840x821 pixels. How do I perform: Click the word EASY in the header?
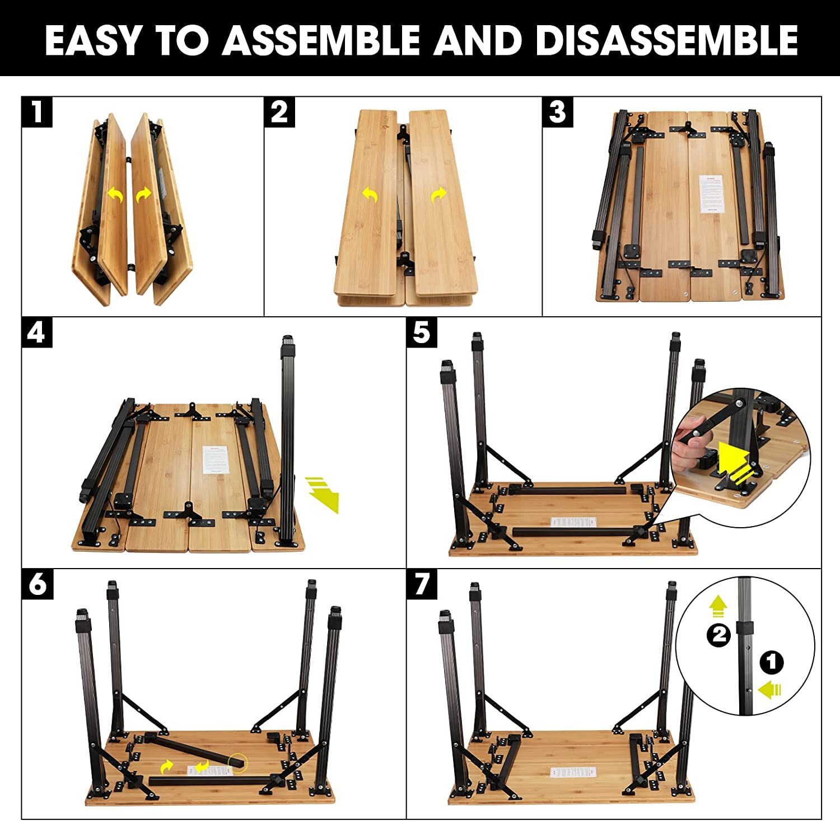click(93, 40)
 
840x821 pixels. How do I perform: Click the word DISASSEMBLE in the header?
click(666, 40)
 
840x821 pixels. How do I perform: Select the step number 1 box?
click(37, 112)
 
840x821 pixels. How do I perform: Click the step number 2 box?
click(279, 112)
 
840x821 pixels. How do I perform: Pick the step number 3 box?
click(557, 112)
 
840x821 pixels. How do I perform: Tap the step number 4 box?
click(37, 332)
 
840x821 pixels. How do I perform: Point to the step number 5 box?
click(421, 332)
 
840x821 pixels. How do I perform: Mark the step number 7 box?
click(422, 584)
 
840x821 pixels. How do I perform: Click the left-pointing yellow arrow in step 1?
click(115, 195)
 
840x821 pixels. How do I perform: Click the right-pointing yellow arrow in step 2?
click(438, 195)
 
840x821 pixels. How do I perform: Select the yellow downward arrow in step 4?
click(324, 493)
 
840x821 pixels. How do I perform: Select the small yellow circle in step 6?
click(237, 761)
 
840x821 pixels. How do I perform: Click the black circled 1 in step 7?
click(771, 663)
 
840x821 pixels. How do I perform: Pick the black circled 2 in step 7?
click(719, 635)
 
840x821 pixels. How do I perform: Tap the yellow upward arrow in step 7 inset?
click(717, 606)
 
